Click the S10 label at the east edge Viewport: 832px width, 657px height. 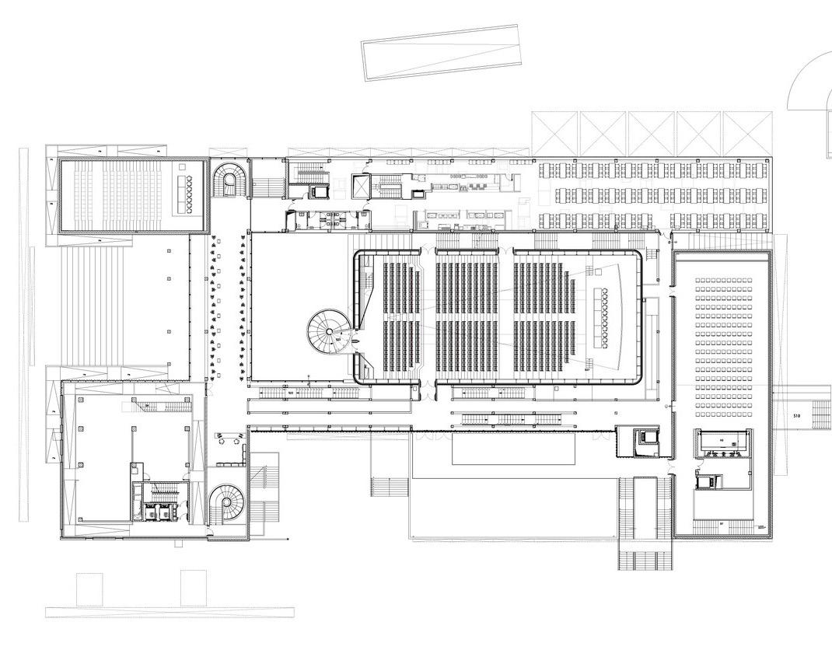(796, 417)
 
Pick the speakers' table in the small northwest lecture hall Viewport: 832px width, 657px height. (187, 194)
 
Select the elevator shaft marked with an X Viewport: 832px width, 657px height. (362, 187)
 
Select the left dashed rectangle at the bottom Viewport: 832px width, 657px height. (89, 589)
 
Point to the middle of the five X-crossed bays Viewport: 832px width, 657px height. (651, 134)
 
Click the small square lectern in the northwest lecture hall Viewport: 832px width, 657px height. (182, 166)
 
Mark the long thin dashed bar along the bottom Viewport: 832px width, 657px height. (170, 613)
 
